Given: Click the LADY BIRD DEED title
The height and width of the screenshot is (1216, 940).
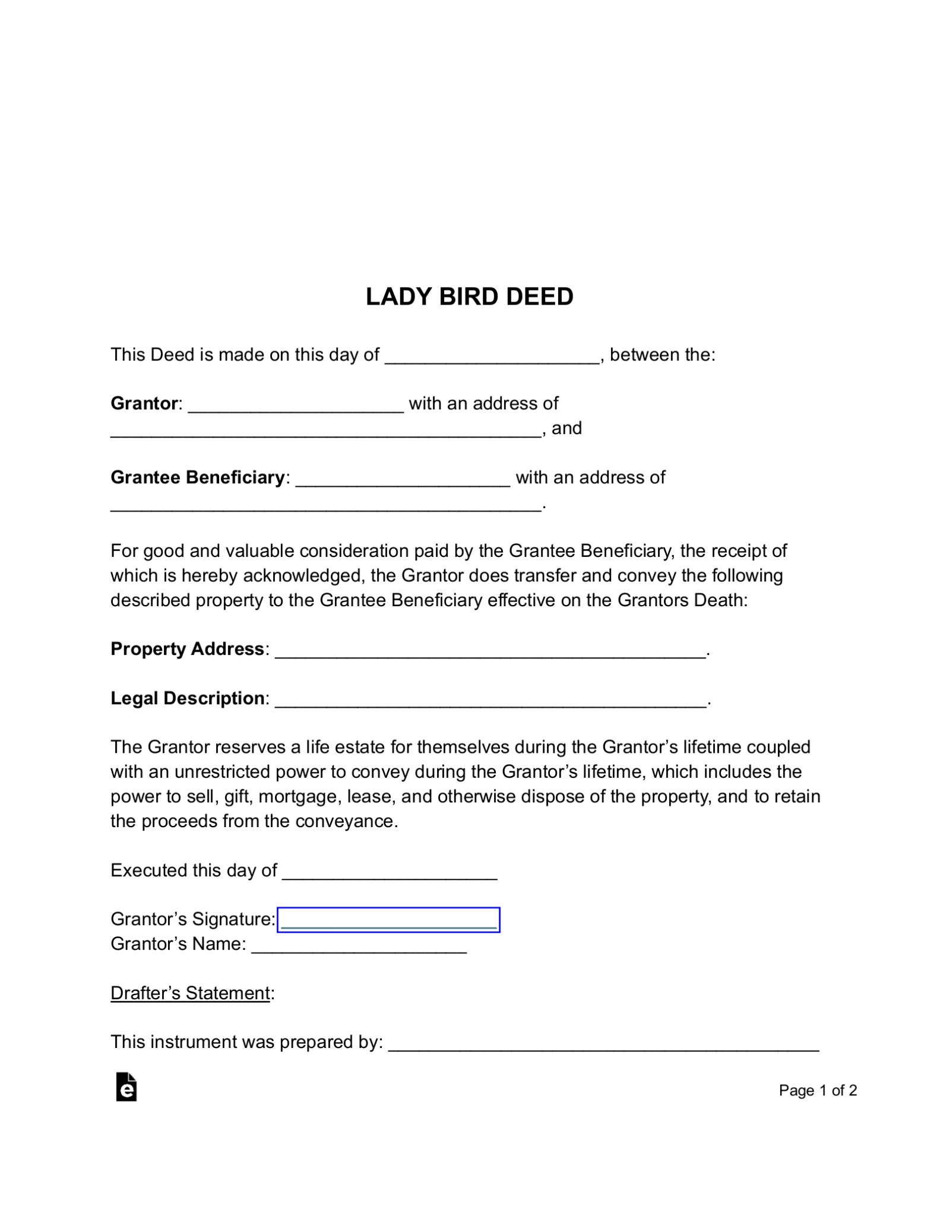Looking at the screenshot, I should coord(469,296).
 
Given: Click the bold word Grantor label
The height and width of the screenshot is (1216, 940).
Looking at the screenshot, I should coord(144,404).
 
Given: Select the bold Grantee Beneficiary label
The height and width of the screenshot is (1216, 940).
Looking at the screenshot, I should coord(197,477).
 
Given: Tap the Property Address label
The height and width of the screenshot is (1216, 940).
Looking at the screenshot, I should coord(187,649).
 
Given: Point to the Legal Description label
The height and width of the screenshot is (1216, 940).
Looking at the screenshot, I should coord(187,698).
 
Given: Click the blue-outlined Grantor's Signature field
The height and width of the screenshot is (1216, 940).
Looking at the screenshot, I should coord(388,920).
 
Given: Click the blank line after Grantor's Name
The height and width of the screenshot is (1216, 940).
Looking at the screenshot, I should coord(359,945).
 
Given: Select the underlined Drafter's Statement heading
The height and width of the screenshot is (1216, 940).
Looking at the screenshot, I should coord(190,993).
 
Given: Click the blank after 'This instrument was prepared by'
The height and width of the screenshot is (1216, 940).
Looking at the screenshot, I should coord(603,1043).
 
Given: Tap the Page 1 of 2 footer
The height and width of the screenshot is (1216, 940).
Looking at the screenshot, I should coord(818,1091).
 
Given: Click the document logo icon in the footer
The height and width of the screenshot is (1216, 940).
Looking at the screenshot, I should coord(126,1087).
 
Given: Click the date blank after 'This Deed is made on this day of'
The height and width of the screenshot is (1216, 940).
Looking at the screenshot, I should coord(492,356).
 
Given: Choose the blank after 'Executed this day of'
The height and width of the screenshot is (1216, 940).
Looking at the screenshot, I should coord(390,872).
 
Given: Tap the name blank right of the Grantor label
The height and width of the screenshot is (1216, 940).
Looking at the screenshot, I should coord(296,405).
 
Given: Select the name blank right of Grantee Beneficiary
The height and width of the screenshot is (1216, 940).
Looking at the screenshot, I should coord(403,479).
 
